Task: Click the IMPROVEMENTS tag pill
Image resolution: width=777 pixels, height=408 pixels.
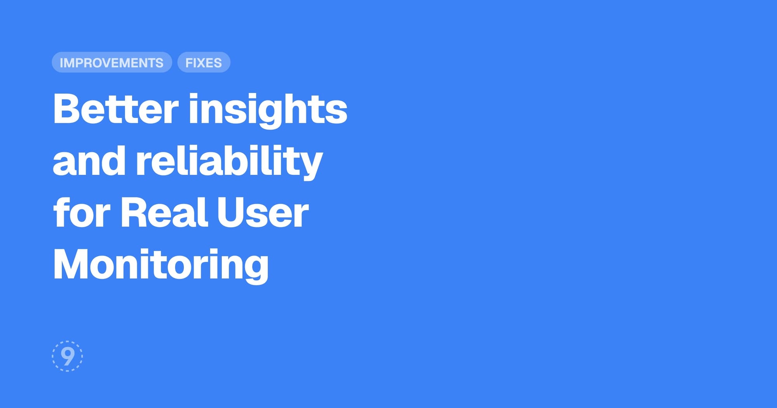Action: tap(112, 62)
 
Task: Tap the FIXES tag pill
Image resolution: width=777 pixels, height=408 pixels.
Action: tap(204, 62)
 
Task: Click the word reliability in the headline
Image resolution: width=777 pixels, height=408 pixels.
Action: tap(229, 162)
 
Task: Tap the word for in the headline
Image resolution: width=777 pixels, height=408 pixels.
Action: tap(82, 212)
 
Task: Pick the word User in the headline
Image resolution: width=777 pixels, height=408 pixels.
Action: tap(263, 212)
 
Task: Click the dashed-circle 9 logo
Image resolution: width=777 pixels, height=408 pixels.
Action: tap(67, 356)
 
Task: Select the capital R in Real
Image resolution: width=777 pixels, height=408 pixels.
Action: tap(135, 212)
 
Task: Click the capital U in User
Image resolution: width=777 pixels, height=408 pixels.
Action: tap(232, 213)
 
